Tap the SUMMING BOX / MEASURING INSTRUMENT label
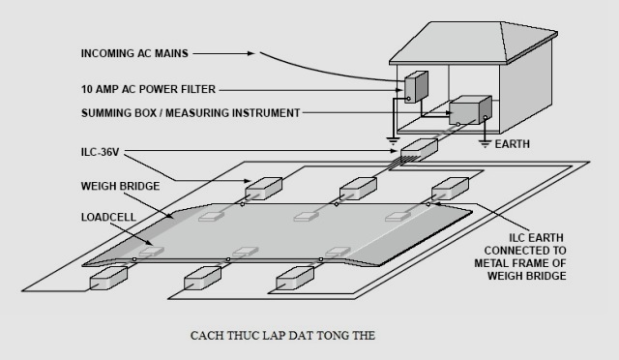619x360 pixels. click(x=192, y=113)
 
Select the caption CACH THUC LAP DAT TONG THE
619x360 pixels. click(x=280, y=336)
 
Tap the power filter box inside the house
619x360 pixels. click(x=416, y=86)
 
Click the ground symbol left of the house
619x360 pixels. click(x=393, y=139)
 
